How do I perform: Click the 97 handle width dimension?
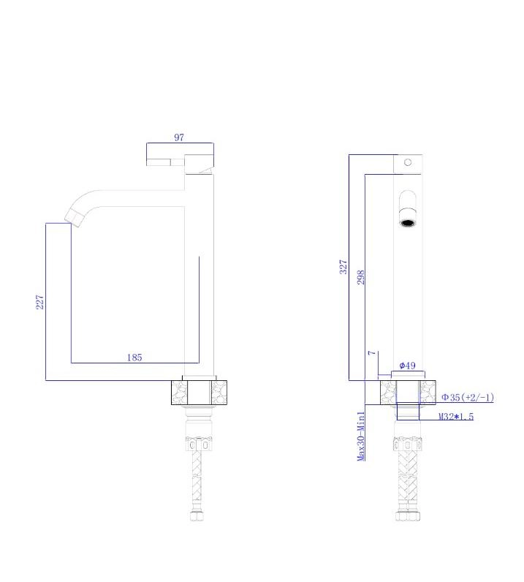pyautogui.click(x=179, y=137)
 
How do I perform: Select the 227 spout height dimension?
pyautogui.click(x=39, y=302)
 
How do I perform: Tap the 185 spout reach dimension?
pyautogui.click(x=134, y=358)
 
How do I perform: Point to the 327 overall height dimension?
pyautogui.click(x=343, y=267)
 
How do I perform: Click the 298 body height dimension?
pyautogui.click(x=361, y=277)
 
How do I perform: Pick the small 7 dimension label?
pyautogui.click(x=372, y=352)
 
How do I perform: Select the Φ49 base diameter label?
pyautogui.click(x=407, y=366)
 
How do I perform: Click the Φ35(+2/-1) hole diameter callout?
pyautogui.click(x=468, y=398)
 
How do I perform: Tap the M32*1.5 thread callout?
pyautogui.click(x=456, y=417)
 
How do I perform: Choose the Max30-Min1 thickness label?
pyautogui.click(x=361, y=436)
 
